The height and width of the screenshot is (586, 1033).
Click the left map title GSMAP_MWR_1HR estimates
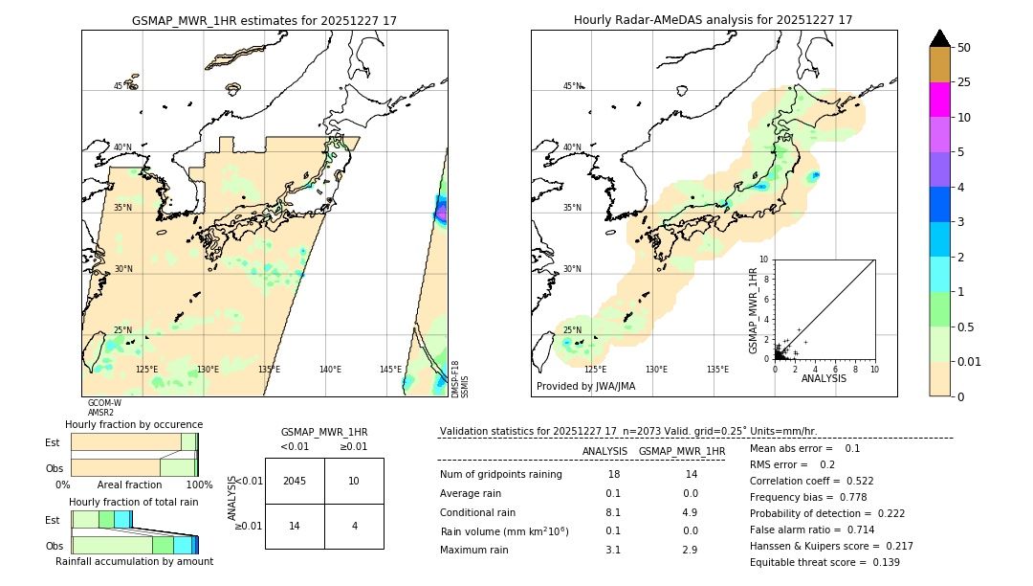point(264,20)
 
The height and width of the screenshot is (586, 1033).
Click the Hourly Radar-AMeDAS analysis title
point(713,20)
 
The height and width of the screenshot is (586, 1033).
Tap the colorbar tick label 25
point(964,82)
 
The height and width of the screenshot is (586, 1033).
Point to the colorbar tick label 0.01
point(970,361)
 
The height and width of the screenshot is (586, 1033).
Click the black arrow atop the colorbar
point(940,38)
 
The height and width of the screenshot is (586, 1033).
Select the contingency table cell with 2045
point(295,481)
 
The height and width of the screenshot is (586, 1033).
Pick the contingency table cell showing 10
point(354,481)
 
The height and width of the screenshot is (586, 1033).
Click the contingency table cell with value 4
point(354,526)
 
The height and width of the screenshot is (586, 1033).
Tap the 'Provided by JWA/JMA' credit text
point(585,387)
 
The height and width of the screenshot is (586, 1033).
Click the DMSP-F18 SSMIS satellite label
point(460,379)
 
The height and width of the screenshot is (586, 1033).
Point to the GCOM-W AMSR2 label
point(103,408)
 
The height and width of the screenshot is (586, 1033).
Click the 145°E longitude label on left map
point(390,370)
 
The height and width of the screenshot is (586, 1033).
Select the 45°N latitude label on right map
point(572,86)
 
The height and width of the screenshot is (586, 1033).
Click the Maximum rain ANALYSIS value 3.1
point(613,550)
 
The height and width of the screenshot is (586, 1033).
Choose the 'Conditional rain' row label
point(477,512)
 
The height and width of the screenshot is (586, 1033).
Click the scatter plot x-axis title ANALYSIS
point(824,378)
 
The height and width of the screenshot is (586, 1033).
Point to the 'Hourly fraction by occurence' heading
point(134,424)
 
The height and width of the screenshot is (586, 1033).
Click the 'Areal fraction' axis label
point(129,485)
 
